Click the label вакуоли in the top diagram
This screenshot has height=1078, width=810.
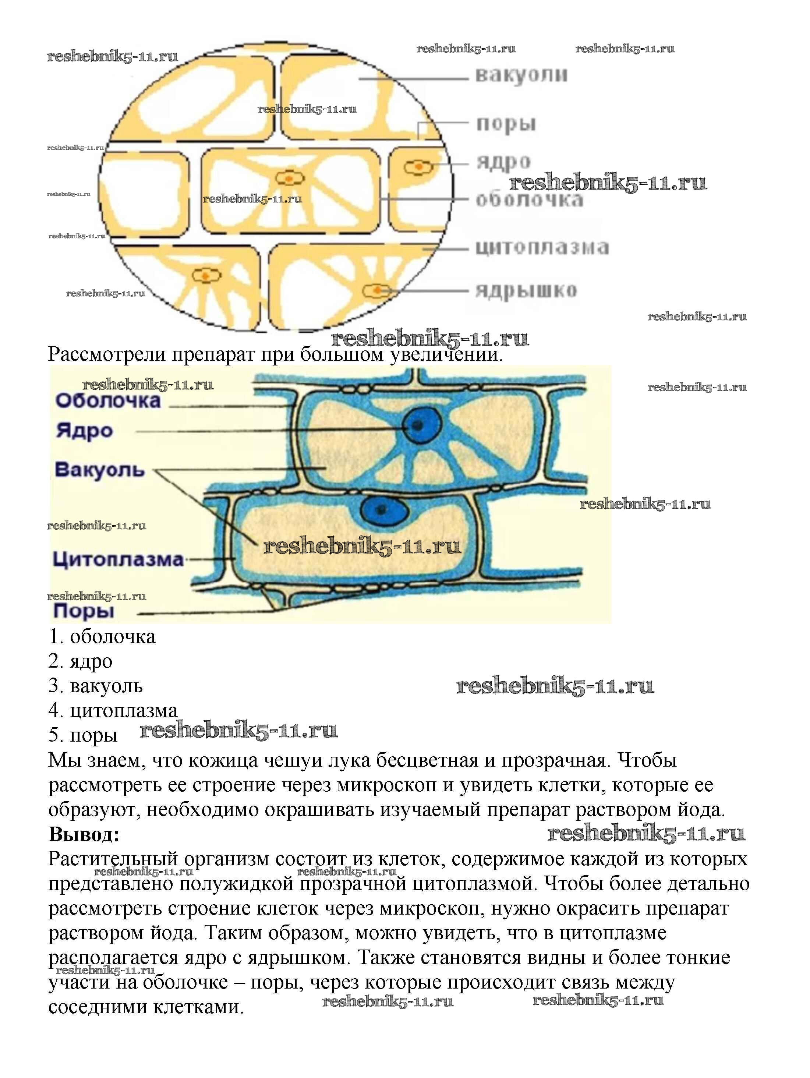pos(521,75)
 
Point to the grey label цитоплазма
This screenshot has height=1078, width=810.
pos(541,248)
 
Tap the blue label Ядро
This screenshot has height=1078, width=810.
pos(84,431)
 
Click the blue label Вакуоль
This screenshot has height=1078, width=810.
pos(100,470)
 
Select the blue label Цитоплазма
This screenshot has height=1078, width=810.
pos(118,559)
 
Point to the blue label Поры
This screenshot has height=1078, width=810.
pos(84,611)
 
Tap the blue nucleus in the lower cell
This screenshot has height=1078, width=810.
pos(383,510)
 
